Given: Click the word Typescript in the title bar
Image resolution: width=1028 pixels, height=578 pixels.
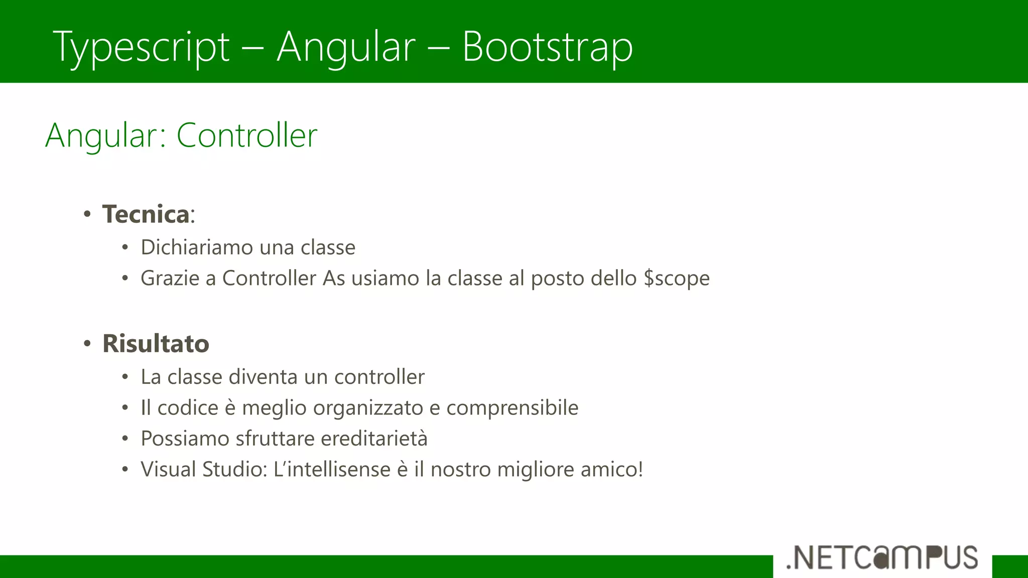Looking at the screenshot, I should click(141, 48).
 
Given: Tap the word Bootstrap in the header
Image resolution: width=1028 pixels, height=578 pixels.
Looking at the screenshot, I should click(547, 47).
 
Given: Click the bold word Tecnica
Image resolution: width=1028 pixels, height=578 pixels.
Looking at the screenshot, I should click(146, 214).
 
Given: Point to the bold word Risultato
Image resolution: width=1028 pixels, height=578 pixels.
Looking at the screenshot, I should click(156, 344).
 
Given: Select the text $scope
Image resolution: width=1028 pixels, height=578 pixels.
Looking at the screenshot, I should click(676, 278).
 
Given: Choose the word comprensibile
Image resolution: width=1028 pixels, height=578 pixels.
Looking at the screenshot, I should click(512, 408).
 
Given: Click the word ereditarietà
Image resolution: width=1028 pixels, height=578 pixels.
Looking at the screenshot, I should click(374, 439).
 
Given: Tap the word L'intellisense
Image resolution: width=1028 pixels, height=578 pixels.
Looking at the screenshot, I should click(332, 470).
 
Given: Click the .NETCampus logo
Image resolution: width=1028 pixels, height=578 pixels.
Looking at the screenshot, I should click(882, 557).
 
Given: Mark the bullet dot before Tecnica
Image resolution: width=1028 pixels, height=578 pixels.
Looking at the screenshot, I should click(87, 214).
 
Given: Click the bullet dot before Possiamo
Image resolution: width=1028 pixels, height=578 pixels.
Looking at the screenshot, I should click(125, 439).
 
